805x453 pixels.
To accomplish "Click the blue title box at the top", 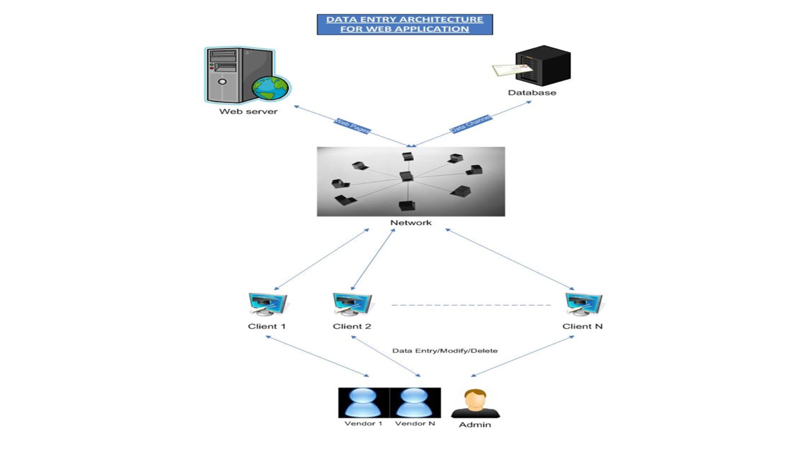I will pyautogui.click(x=405, y=24).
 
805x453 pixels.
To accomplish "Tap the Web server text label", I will pyautogui.click(x=248, y=112).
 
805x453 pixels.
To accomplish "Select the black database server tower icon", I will pyautogui.click(x=543, y=65).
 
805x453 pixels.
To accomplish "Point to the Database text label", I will pyautogui.click(x=532, y=93).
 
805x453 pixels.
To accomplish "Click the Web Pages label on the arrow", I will pyautogui.click(x=352, y=126).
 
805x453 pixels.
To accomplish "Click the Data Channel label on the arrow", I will pyautogui.click(x=470, y=124).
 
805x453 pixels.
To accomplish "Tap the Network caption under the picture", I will pyautogui.click(x=411, y=223).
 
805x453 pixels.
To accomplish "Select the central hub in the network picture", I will pyautogui.click(x=406, y=176).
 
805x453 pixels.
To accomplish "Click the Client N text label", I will pyautogui.click(x=582, y=326).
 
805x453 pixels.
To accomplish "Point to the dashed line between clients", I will pyautogui.click(x=471, y=305).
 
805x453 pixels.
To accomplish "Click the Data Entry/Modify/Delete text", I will pyautogui.click(x=445, y=351).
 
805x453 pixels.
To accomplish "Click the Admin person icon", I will pyautogui.click(x=475, y=404).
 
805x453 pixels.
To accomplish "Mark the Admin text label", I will pyautogui.click(x=475, y=425).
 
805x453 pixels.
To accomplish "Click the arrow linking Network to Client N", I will pyautogui.click(x=510, y=259).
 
